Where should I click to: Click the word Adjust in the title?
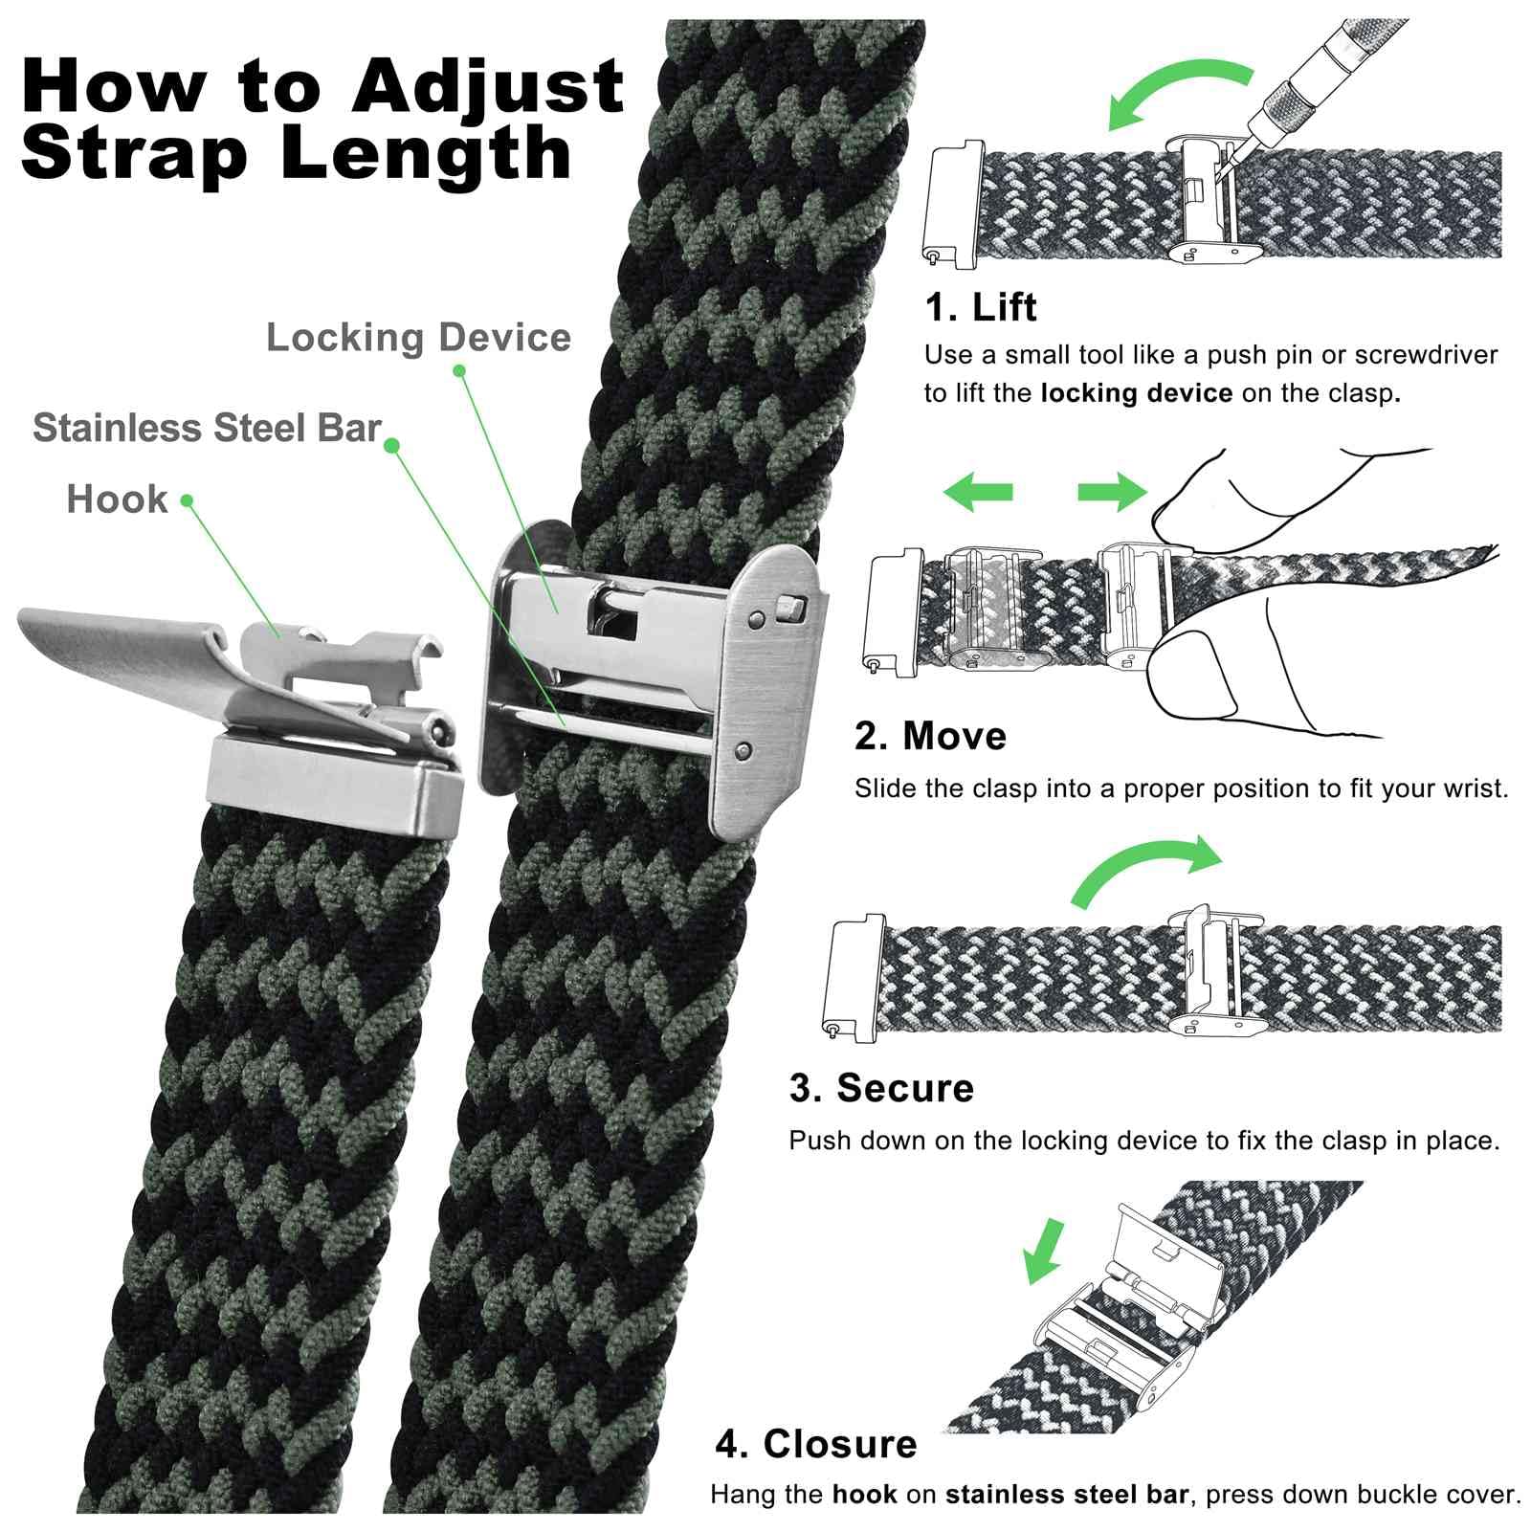(x=487, y=88)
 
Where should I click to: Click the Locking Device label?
(x=418, y=338)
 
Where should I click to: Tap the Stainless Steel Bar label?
(x=207, y=428)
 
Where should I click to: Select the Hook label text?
(x=117, y=499)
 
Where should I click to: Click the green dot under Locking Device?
(x=458, y=370)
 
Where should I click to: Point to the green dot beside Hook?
(x=187, y=500)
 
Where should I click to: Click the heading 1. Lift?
(x=980, y=307)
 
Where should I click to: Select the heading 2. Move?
(x=930, y=736)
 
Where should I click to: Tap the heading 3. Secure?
(x=881, y=1088)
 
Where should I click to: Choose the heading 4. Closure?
(x=815, y=1444)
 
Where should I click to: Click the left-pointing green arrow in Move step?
(x=977, y=492)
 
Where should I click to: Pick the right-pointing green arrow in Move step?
(x=1111, y=492)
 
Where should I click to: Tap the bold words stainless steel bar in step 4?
(x=1066, y=1495)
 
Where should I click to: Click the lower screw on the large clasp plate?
(x=743, y=748)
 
